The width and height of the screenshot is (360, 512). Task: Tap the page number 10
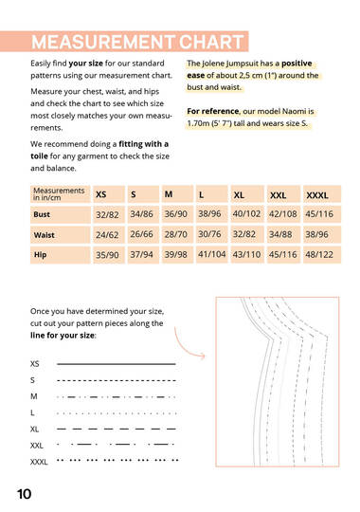click(25, 494)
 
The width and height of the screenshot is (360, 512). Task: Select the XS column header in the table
click(101, 194)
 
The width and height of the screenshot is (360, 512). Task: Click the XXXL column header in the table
click(317, 194)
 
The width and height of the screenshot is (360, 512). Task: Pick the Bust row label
click(44, 214)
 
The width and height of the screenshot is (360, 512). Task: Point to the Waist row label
click(45, 234)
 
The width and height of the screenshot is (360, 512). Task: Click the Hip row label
click(41, 255)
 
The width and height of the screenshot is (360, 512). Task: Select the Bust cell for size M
click(175, 214)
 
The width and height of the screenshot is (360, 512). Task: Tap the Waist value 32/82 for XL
click(244, 234)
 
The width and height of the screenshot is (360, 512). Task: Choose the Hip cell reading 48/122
click(319, 255)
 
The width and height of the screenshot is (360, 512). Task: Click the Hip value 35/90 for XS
click(107, 255)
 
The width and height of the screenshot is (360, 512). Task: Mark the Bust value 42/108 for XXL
click(282, 214)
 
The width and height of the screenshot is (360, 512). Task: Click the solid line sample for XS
click(117, 363)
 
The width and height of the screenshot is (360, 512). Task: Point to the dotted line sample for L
click(117, 413)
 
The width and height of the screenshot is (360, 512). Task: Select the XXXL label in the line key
click(40, 462)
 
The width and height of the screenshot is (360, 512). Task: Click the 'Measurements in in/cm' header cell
click(59, 194)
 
